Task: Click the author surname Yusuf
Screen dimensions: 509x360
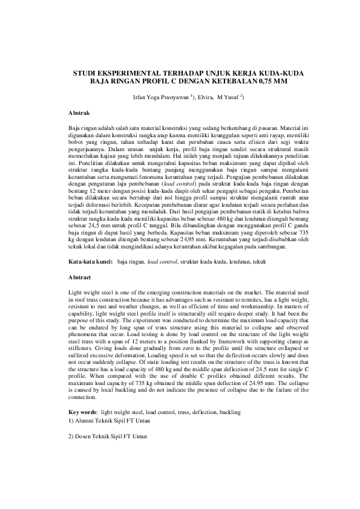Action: coord(232,96)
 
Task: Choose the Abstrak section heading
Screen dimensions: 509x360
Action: coord(79,113)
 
